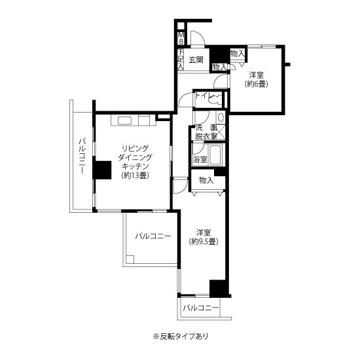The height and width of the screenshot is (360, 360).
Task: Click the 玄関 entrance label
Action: [x=196, y=60]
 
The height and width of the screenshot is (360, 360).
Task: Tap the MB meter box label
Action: [x=181, y=39]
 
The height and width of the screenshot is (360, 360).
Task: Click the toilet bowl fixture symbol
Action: [x=216, y=99]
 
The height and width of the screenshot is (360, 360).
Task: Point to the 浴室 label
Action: [x=200, y=159]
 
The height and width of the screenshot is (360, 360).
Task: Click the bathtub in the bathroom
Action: [x=215, y=154]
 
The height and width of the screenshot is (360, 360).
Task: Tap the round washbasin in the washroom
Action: [x=221, y=118]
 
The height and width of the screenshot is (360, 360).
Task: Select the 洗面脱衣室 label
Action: [x=206, y=132]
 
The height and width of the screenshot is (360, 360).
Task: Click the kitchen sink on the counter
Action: [x=124, y=120]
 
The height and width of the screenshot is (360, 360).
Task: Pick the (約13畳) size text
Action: [x=135, y=175]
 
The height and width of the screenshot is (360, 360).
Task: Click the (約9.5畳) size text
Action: [x=204, y=242]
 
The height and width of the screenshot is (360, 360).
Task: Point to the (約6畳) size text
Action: [x=256, y=84]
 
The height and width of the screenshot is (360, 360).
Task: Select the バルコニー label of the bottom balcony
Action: [x=201, y=308]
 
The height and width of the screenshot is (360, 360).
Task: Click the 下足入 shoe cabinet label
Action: [x=181, y=59]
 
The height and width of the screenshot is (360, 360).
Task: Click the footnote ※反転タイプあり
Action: [x=181, y=336]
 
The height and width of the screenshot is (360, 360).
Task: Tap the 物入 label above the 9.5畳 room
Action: [x=206, y=181]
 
